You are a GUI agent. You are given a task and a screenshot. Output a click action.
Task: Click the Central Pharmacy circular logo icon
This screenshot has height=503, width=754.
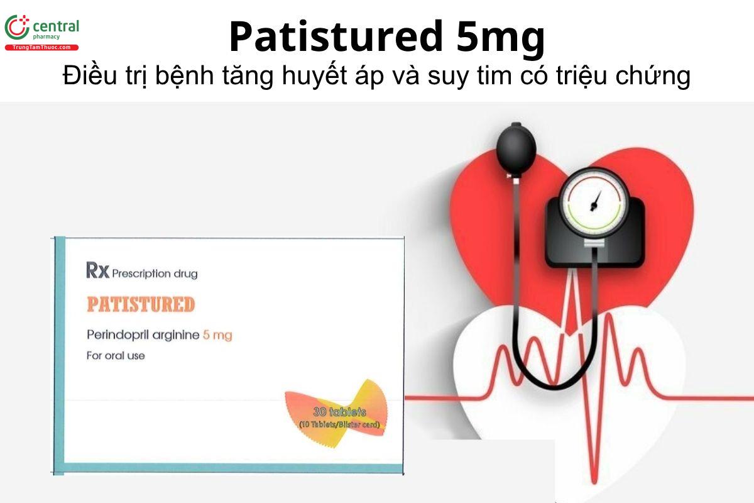tap(17, 28)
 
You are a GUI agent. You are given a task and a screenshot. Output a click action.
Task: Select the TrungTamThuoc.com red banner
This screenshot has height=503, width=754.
tap(42, 47)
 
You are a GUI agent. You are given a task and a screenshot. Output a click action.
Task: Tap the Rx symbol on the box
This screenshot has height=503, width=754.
tap(98, 272)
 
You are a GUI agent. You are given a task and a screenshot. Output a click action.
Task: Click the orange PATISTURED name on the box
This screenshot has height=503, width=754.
tap(141, 304)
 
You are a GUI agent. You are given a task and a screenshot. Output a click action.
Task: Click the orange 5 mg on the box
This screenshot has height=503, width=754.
tap(217, 335)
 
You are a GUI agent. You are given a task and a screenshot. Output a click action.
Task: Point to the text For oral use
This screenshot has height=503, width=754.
tap(116, 356)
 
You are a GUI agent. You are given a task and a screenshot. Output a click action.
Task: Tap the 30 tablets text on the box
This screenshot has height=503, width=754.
tap(339, 412)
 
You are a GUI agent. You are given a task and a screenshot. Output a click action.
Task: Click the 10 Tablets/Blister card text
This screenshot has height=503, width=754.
tap(339, 424)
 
